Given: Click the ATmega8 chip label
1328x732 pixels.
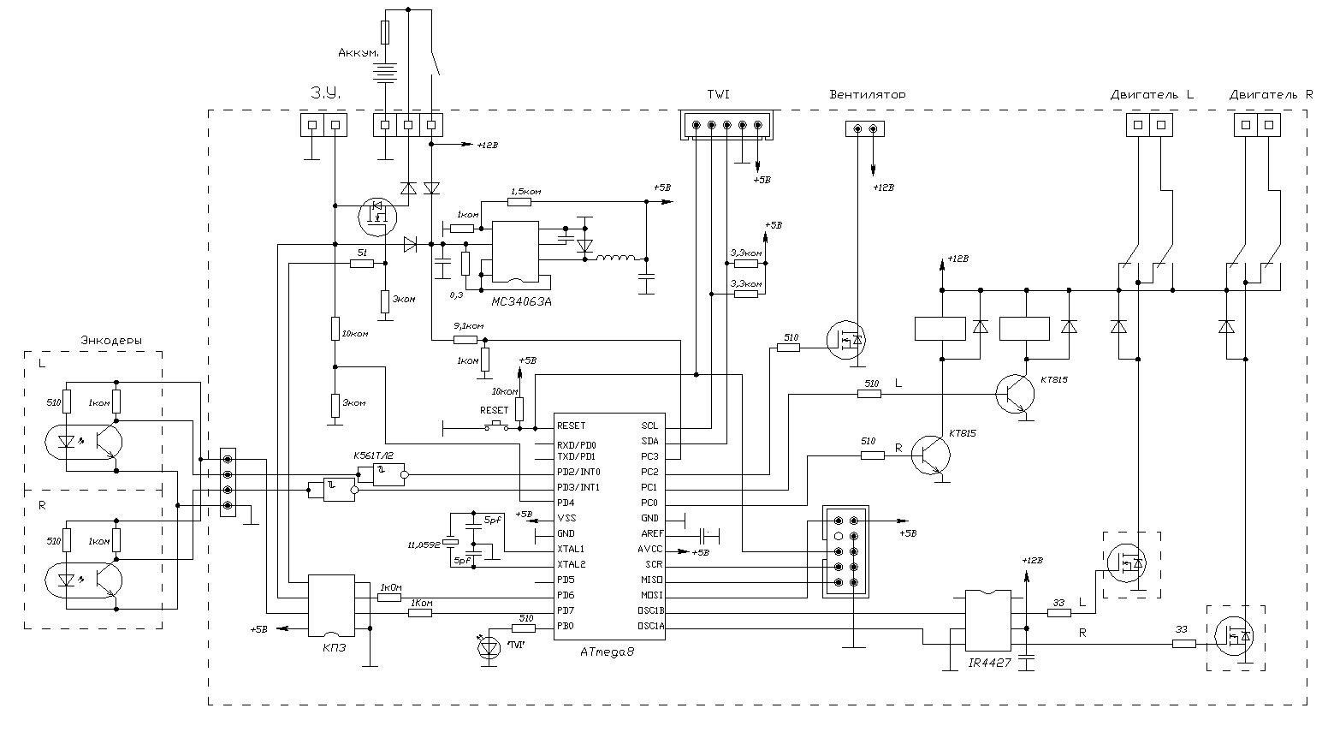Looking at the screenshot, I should (x=608, y=652).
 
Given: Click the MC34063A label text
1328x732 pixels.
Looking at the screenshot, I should (x=521, y=302).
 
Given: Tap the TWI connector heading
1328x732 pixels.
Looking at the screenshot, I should (x=718, y=94).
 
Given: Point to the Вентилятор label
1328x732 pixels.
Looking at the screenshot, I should (x=867, y=94).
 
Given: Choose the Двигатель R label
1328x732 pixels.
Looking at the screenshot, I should (x=1270, y=94).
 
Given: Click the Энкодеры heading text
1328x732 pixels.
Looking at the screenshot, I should (x=111, y=341).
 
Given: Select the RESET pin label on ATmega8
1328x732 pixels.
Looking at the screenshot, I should (x=571, y=426).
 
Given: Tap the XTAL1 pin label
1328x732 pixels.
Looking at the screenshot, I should (x=571, y=549).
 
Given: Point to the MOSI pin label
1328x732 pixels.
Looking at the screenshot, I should (x=651, y=595).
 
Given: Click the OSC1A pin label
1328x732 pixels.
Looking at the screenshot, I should (x=651, y=626).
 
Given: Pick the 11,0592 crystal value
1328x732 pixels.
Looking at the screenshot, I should (x=424, y=543).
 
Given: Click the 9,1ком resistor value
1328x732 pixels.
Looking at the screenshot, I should (x=468, y=326).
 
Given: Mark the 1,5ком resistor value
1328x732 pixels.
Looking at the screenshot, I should (x=525, y=191).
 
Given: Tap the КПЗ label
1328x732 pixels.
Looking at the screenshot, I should (x=335, y=648).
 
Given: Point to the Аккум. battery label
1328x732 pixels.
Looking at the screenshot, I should (x=359, y=53).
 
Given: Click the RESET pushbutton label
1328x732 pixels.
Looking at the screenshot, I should (x=494, y=410).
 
